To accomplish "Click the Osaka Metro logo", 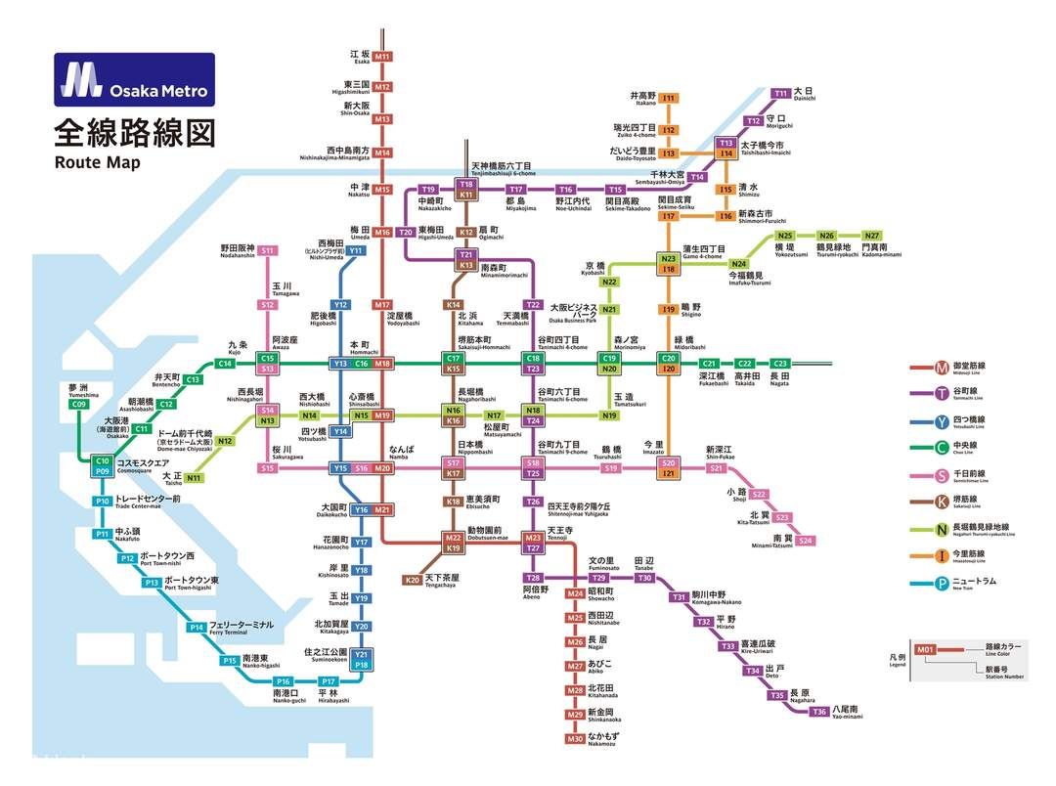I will point(134,79).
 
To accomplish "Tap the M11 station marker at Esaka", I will point(382,57).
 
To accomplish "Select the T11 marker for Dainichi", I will point(781,94).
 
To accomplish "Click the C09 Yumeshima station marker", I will point(79,404).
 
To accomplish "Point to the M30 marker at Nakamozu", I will point(575,739).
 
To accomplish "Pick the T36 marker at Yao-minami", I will point(818,712).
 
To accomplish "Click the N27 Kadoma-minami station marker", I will point(872,236).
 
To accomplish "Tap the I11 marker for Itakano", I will point(669,99).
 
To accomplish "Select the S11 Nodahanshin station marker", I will point(267,251).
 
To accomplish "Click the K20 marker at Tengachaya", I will point(412,580).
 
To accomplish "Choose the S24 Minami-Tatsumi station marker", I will point(805,541).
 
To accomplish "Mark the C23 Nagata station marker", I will point(779,364).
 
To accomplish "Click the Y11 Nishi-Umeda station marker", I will point(356,251).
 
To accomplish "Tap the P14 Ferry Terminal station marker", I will point(197,627).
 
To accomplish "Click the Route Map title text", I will point(97,162).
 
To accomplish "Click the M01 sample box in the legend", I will point(925,649).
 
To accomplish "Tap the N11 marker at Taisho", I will point(194,478).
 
